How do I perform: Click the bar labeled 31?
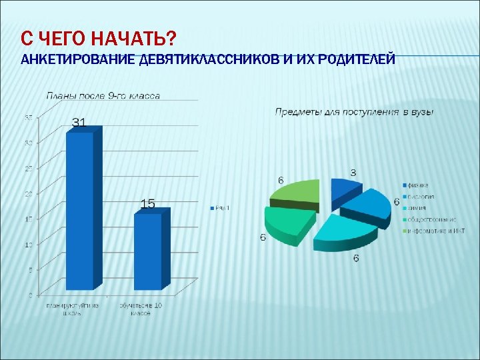pos(80,210)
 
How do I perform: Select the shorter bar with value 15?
pos(148,250)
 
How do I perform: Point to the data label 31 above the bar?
pos(79,123)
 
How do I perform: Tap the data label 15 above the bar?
pos(148,204)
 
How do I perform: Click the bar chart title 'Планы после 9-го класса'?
pos(103,96)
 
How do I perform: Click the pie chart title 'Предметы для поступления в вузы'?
pos(354,112)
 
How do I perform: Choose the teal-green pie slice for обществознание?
pos(287,222)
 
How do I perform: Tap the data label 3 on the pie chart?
pos(353,173)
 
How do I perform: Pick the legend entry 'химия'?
pos(417,208)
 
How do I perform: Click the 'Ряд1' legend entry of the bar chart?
pos(221,208)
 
